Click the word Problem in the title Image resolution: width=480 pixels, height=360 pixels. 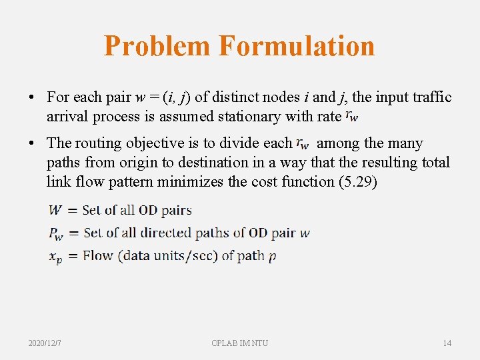pyautogui.click(x=157, y=46)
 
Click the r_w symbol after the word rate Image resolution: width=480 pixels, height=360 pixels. pyautogui.click(x=352, y=117)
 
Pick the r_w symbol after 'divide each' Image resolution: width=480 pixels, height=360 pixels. pyautogui.click(x=303, y=143)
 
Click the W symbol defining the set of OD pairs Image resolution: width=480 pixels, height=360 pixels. pyautogui.click(x=55, y=210)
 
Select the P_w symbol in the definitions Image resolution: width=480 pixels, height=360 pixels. pyautogui.click(x=57, y=234)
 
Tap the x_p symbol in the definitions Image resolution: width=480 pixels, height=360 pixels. pyautogui.click(x=56, y=257)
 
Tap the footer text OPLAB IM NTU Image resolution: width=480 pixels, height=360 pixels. pyautogui.click(x=239, y=343)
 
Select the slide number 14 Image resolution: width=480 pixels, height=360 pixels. pyautogui.click(x=447, y=343)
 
